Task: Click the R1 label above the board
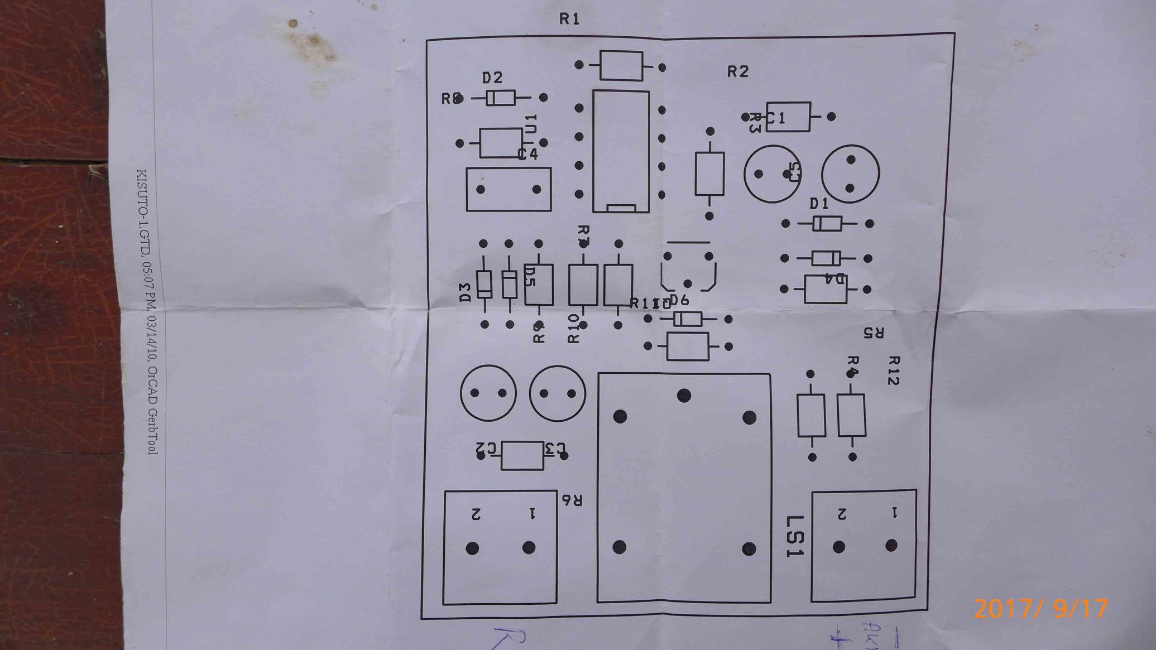click(x=569, y=20)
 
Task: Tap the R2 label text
click(x=737, y=71)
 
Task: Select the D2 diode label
click(x=492, y=78)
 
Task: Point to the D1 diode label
click(x=819, y=204)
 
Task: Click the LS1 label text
click(x=795, y=536)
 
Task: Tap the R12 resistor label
click(x=893, y=370)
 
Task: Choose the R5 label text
click(x=874, y=333)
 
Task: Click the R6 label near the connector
click(x=572, y=500)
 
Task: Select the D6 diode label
click(x=679, y=300)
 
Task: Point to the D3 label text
click(x=465, y=292)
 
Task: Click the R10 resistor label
click(x=573, y=328)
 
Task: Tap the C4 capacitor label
click(x=528, y=154)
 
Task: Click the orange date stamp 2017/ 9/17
click(x=1040, y=608)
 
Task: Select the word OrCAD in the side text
click(x=152, y=384)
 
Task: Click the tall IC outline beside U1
click(x=621, y=151)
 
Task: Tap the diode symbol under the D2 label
click(x=500, y=98)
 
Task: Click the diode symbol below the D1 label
click(x=827, y=224)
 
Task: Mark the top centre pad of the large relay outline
click(x=684, y=396)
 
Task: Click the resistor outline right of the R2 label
click(x=788, y=117)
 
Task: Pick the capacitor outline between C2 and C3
click(x=522, y=455)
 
